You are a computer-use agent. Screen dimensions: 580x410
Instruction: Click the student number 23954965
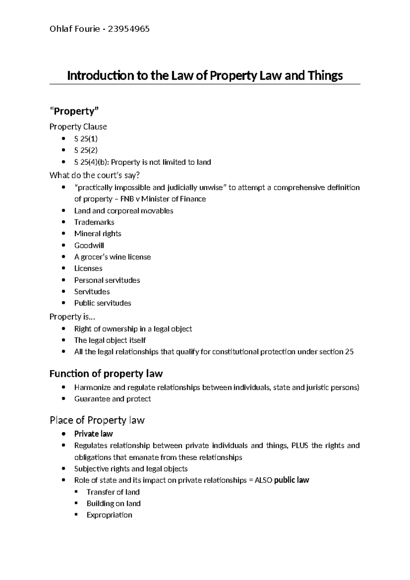tap(129, 29)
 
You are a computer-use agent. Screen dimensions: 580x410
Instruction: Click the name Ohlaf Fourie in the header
tap(74, 29)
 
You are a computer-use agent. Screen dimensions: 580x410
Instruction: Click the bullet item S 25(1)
tap(86, 139)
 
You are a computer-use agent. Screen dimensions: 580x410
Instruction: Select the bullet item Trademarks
tap(94, 222)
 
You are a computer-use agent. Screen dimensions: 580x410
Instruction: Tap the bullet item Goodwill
tap(89, 246)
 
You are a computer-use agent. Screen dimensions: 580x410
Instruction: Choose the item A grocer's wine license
tap(112, 257)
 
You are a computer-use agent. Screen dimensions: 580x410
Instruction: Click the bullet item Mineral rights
tap(97, 234)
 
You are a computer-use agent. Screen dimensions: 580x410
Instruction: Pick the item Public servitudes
tap(102, 303)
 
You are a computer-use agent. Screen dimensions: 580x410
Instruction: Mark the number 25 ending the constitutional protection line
tap(349, 352)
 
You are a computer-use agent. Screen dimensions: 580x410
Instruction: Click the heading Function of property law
tap(106, 373)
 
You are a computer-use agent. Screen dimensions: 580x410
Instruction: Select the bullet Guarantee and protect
tap(112, 399)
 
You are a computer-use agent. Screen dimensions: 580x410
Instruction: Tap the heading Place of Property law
tap(97, 420)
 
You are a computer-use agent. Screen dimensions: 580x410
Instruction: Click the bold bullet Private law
tap(93, 434)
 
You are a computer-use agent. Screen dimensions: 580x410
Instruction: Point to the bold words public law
tap(291, 480)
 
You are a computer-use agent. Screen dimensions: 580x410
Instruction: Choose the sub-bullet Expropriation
tap(109, 515)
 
